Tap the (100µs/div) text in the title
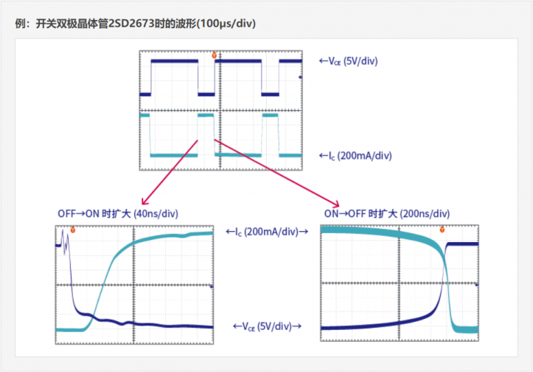coord(226,24)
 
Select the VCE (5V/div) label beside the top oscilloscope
coord(349,61)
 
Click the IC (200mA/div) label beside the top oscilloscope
coord(355,156)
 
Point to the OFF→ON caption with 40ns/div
coord(118,214)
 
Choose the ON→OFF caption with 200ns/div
coord(387,214)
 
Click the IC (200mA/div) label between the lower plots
coord(267,232)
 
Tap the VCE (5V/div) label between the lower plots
coord(267,326)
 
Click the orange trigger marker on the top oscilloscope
coord(214,55)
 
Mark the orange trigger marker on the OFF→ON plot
coord(73,230)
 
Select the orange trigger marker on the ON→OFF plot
coord(442,230)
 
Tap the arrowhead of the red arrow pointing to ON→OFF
coord(336,204)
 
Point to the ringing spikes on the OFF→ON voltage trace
coord(65,238)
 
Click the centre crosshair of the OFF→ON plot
coord(134,285)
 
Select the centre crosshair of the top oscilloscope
coord(220,110)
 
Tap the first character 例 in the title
coord(20,24)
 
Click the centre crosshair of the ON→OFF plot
coord(399,283)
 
